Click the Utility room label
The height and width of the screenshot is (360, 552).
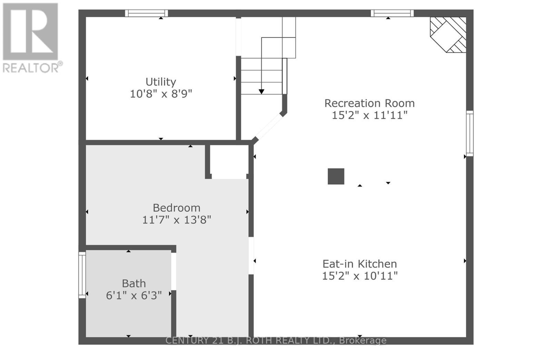pyautogui.click(x=161, y=82)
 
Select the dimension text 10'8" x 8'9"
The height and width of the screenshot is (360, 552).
pyautogui.click(x=161, y=94)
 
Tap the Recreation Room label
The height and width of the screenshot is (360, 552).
pyautogui.click(x=369, y=103)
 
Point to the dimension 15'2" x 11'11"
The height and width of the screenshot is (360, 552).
pyautogui.click(x=369, y=115)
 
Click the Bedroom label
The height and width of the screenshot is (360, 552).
pyautogui.click(x=177, y=208)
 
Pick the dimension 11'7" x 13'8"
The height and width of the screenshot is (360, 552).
pyautogui.click(x=177, y=220)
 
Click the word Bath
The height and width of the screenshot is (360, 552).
pyautogui.click(x=134, y=283)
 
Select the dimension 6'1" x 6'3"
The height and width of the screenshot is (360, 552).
pyautogui.click(x=134, y=296)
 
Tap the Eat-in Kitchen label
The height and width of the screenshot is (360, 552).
pyautogui.click(x=360, y=264)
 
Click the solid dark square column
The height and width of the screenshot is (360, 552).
pyautogui.click(x=336, y=176)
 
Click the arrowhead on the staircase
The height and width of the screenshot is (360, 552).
pyautogui.click(x=262, y=91)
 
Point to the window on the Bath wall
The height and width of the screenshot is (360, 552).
pyautogui.click(x=82, y=275)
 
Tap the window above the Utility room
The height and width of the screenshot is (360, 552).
pyautogui.click(x=146, y=13)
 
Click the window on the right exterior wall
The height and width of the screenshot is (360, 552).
pyautogui.click(x=470, y=133)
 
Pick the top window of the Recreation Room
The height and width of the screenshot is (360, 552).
pyautogui.click(x=392, y=13)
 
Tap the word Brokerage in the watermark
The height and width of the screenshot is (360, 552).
pyautogui.click(x=363, y=340)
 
